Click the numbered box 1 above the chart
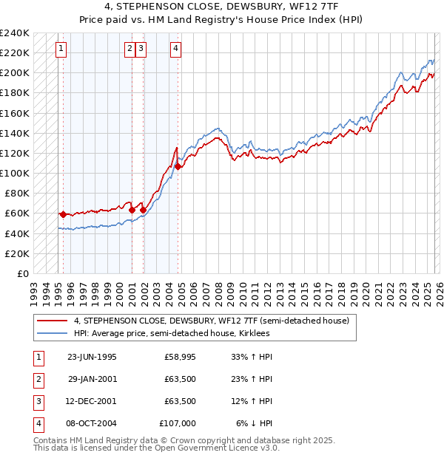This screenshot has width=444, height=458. [x=60, y=49]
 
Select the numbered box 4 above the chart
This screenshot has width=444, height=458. [x=175, y=49]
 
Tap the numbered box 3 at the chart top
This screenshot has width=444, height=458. [x=141, y=49]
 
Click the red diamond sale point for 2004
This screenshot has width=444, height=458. [x=178, y=166]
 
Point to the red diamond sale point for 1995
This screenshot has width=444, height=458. [x=63, y=214]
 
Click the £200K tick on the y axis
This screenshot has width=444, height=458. [x=15, y=73]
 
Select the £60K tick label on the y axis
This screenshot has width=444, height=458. [x=17, y=213]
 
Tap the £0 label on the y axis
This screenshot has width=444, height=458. [x=22, y=273]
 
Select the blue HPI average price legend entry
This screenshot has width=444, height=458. [x=172, y=333]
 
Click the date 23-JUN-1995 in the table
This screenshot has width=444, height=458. [x=92, y=357]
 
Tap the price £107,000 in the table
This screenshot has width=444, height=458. [x=178, y=423]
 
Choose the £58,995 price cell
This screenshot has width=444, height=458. [x=180, y=357]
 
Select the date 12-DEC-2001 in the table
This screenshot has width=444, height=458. [x=92, y=401]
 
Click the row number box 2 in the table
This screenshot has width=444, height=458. [x=37, y=379]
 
